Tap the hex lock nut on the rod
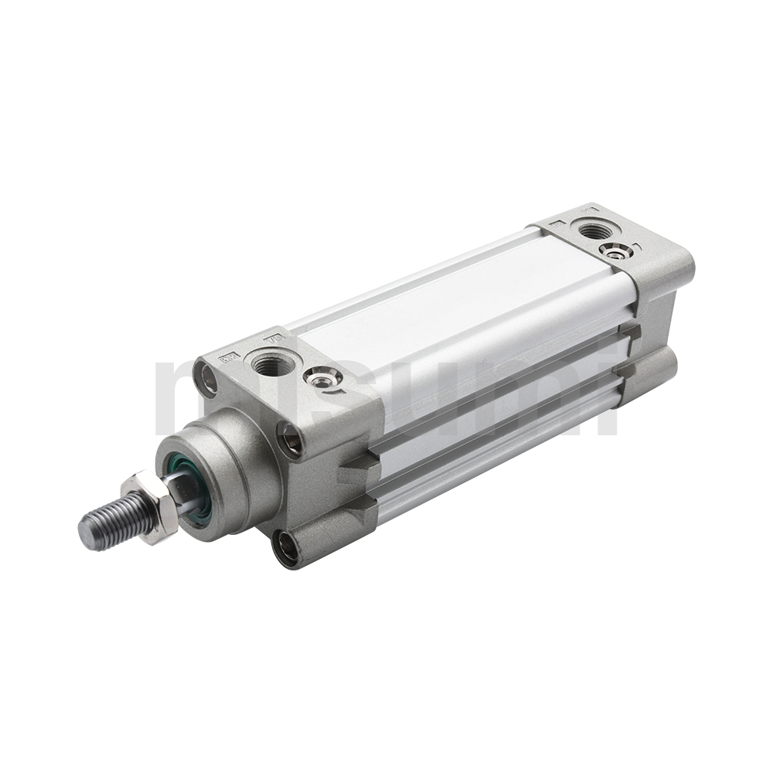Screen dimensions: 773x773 click(x=150, y=506)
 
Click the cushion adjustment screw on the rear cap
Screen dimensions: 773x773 click(x=616, y=250)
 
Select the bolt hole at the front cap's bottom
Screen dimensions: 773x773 click(x=287, y=548)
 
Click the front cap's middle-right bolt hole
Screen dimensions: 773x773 click(x=291, y=441)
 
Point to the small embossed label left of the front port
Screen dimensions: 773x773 click(x=228, y=356)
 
